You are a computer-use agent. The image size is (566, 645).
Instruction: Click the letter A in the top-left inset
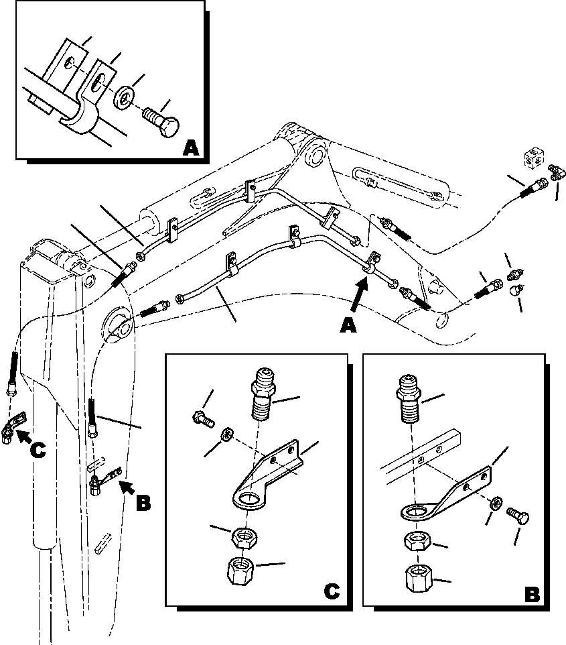(190, 146)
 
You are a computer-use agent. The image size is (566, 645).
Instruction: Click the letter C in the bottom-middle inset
(330, 591)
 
